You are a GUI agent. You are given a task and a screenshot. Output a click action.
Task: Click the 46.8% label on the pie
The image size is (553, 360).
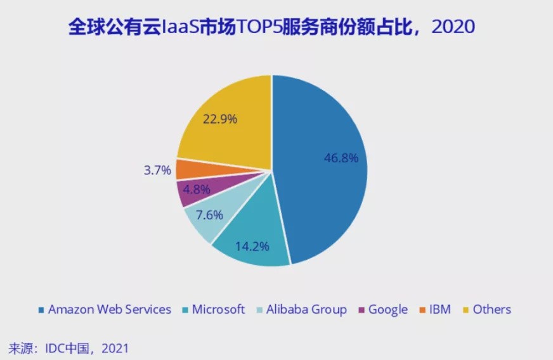pyautogui.click(x=341, y=158)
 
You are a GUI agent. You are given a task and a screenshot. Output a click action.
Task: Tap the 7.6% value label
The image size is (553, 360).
pyautogui.click(x=208, y=215)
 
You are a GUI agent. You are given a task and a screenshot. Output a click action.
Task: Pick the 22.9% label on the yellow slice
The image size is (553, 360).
pyautogui.click(x=220, y=119)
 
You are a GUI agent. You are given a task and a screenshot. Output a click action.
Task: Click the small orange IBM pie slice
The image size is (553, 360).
pyautogui.click(x=187, y=169)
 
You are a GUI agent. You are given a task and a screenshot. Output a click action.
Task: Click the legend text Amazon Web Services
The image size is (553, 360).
pyautogui.click(x=110, y=309)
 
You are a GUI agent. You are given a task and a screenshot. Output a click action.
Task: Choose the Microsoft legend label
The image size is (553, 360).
pyautogui.click(x=218, y=309)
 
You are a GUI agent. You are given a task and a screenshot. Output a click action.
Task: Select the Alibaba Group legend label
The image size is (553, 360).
pyautogui.click(x=306, y=309)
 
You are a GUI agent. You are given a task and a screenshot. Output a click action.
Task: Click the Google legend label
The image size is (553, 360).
pyautogui.click(x=387, y=309)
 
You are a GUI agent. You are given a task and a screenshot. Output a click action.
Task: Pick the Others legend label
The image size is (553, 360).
pyautogui.click(x=491, y=309)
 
